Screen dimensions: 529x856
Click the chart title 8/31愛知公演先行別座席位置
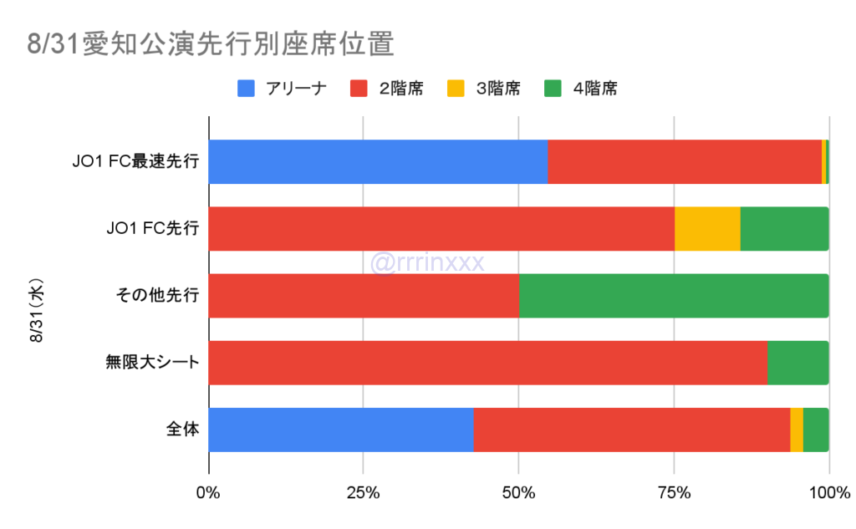[x=210, y=44]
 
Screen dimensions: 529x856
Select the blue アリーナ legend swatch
[x=247, y=89]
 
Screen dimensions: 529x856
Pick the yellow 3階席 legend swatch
[x=456, y=89]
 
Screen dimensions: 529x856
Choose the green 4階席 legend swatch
[x=553, y=89]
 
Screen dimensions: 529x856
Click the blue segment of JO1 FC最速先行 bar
[x=378, y=161]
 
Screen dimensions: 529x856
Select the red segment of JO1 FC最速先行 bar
[x=685, y=161]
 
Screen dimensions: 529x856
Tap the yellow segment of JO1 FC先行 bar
[x=707, y=228]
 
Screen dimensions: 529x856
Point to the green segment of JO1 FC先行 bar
[x=784, y=228]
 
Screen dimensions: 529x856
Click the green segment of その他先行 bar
[x=674, y=296]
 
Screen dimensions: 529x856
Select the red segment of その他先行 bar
[x=364, y=296]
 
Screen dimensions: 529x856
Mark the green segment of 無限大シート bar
[x=797, y=363]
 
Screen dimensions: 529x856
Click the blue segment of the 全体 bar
[x=341, y=430]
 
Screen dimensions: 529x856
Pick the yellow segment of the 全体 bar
[x=797, y=430]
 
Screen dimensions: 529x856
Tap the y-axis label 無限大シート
[x=151, y=363]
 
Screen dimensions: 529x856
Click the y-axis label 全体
[x=181, y=430]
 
